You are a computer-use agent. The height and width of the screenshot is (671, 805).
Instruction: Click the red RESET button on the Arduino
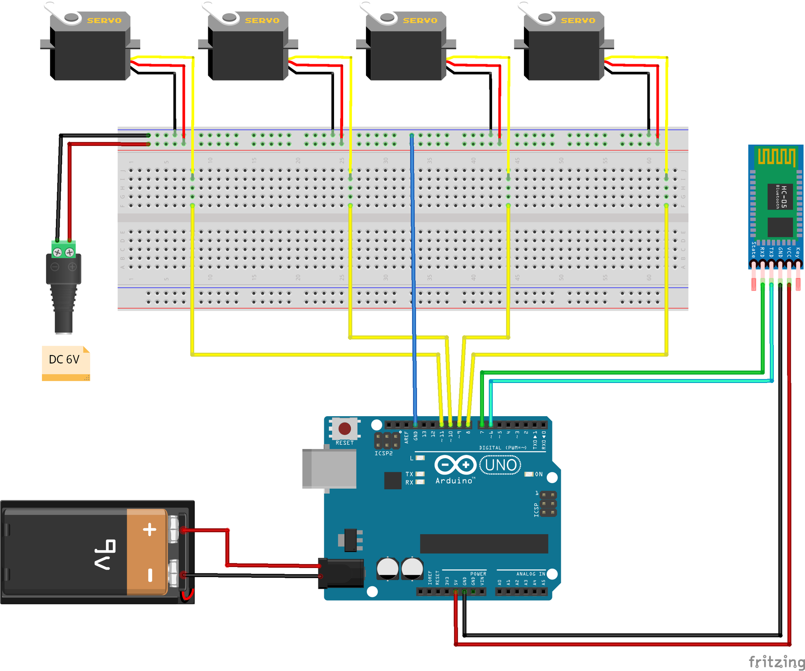(x=344, y=429)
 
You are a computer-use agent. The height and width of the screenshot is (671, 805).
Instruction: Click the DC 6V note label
(x=64, y=359)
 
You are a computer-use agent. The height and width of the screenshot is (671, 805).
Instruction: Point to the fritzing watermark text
(x=776, y=661)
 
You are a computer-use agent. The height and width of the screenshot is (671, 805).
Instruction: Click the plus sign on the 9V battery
(x=150, y=529)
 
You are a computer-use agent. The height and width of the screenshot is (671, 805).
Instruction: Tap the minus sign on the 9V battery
(x=150, y=575)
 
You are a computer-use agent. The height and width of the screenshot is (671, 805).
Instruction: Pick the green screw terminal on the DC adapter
(x=64, y=250)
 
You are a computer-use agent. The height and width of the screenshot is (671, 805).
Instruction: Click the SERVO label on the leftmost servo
(x=104, y=21)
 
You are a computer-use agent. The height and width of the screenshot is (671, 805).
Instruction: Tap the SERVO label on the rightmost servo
(x=578, y=21)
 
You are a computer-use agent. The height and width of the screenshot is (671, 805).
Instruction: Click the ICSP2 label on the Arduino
(x=383, y=453)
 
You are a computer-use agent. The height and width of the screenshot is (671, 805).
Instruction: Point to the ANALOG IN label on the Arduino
(x=531, y=574)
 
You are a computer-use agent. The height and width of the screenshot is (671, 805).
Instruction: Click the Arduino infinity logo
(x=455, y=465)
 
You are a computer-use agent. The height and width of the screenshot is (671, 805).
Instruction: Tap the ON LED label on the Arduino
(x=539, y=474)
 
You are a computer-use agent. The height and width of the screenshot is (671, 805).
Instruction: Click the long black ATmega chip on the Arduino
(x=484, y=543)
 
